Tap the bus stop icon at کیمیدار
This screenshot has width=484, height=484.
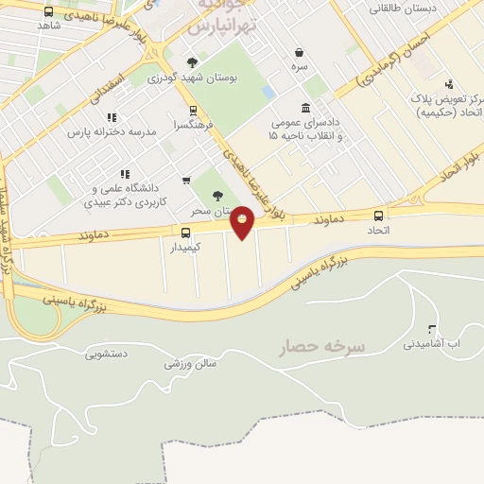185,233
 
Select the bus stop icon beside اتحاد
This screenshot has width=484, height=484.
379,216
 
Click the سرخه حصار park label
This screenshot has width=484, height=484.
320,347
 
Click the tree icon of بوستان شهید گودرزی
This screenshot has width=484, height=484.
193,62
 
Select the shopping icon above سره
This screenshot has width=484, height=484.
299,53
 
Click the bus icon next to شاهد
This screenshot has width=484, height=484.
48,11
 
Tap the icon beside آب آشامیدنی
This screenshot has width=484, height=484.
433,330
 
